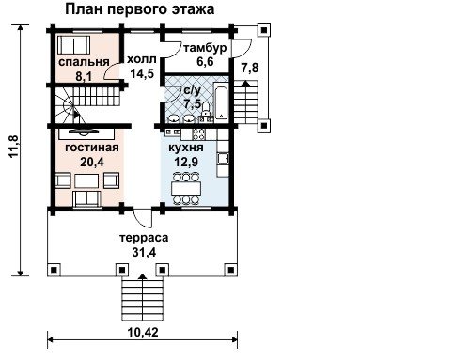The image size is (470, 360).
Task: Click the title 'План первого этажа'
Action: [x=140, y=9]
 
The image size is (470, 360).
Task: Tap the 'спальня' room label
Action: [x=84, y=62]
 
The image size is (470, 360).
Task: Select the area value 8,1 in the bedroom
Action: [x=84, y=76]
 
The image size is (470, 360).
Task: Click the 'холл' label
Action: [x=141, y=59]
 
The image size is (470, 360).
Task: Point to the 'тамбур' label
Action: [x=205, y=48]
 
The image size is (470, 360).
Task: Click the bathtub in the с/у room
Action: [x=222, y=102]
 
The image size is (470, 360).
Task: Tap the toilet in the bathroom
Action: [x=206, y=109]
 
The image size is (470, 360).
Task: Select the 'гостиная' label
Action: [x=92, y=148]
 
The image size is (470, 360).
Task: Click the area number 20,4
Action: [x=92, y=162]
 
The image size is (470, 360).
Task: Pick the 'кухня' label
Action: [x=186, y=148]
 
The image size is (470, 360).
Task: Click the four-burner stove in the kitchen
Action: [x=198, y=134]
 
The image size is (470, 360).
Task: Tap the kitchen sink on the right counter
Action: [x=223, y=158]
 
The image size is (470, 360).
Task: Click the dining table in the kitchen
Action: [x=186, y=189]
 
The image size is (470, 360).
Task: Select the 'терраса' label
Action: [x=144, y=238]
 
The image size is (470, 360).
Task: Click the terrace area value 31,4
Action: [x=144, y=252]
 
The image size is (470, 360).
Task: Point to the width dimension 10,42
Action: [x=143, y=332]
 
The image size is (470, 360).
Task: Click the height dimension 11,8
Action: [x=15, y=147]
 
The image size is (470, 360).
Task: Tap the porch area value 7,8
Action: [x=250, y=68]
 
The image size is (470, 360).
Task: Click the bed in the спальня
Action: [x=74, y=45]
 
